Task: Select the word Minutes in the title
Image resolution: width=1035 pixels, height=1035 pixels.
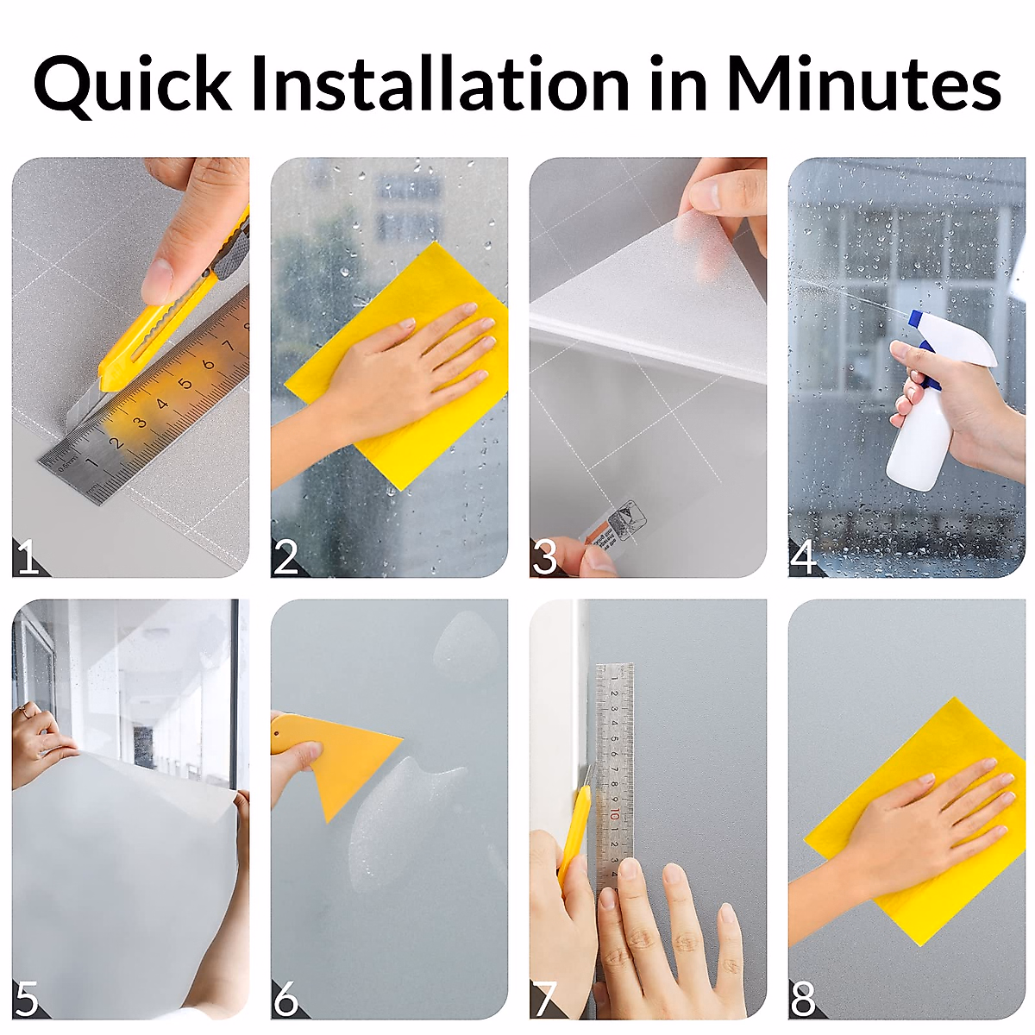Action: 862,85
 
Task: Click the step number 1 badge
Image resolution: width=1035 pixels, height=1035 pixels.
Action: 28,559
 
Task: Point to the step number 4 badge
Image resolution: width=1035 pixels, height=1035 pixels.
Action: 803,558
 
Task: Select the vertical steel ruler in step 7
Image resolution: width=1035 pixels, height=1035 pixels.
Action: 614,759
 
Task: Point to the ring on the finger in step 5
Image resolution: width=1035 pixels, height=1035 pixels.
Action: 23,711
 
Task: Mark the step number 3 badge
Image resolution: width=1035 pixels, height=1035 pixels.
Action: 544,559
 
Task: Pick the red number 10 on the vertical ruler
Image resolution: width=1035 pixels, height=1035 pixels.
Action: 612,815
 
